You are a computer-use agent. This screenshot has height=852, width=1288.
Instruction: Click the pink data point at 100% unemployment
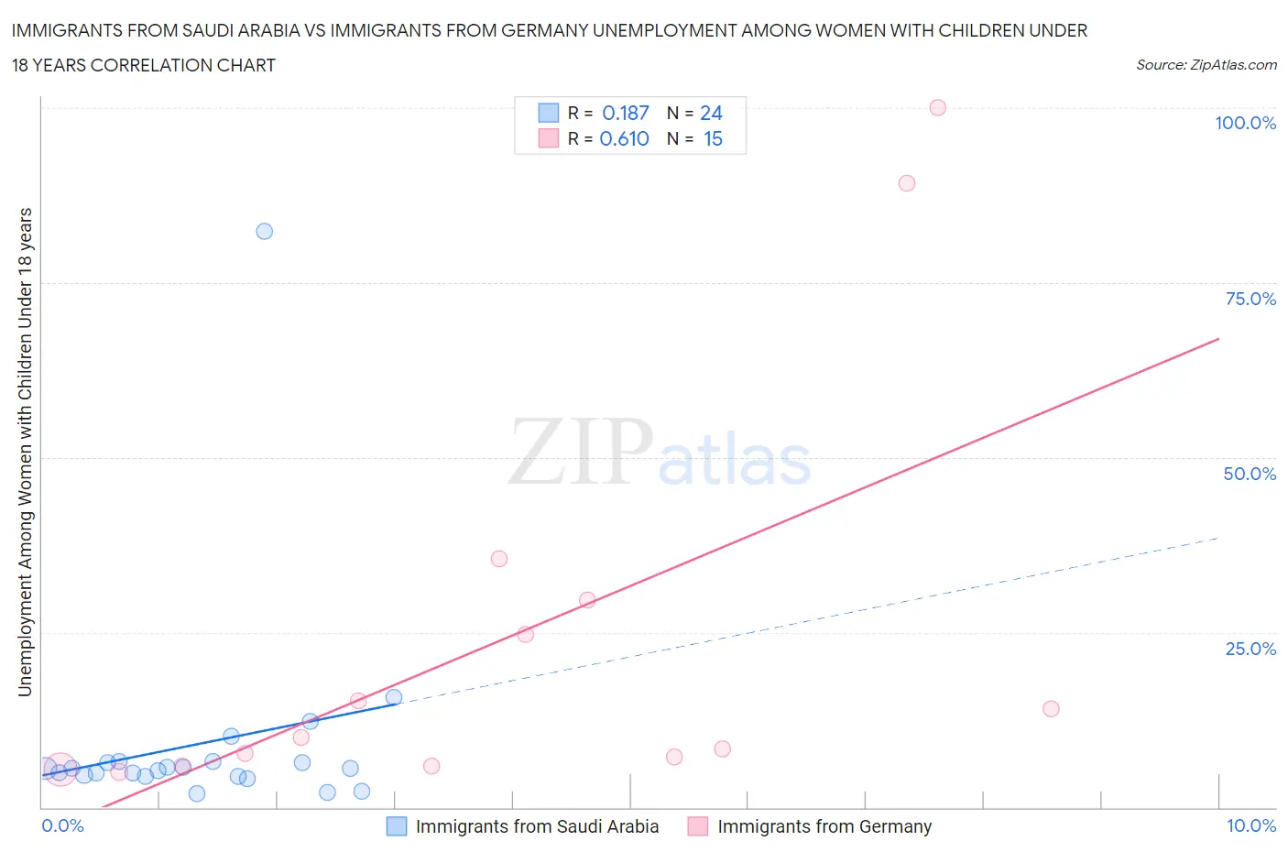[x=937, y=107]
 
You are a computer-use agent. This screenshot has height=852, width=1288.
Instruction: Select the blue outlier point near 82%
[x=264, y=231]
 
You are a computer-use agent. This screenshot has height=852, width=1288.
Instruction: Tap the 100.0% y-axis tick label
[x=1245, y=123]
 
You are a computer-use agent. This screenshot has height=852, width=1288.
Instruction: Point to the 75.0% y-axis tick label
[x=1250, y=299]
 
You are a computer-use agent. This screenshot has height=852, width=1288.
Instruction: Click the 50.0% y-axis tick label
[x=1250, y=474]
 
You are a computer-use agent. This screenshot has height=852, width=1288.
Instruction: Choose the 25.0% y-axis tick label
[x=1250, y=649]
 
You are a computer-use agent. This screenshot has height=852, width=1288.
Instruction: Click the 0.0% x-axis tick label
[x=62, y=825]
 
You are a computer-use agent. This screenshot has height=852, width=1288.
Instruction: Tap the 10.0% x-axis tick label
[x=1250, y=825]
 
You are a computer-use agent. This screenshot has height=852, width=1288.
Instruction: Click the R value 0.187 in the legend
[x=625, y=113]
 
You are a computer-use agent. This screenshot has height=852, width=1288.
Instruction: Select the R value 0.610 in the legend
[x=624, y=138]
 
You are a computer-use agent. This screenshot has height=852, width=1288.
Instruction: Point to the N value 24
[x=711, y=113]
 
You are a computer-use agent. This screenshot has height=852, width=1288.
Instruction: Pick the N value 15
[x=713, y=138]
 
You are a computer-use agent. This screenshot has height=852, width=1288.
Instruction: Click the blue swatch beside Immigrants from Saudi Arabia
[x=397, y=826]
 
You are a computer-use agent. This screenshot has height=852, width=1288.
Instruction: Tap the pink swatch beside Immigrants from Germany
[x=698, y=826]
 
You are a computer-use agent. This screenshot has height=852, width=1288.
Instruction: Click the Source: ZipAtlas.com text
[x=1206, y=64]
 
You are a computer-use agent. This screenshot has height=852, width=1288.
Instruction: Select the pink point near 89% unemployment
[x=906, y=182]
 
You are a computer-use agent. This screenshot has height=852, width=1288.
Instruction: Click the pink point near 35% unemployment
[x=498, y=559]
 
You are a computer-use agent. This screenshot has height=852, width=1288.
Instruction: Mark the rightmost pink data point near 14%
[x=1051, y=708]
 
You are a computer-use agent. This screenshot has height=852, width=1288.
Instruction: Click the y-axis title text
[x=25, y=452]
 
